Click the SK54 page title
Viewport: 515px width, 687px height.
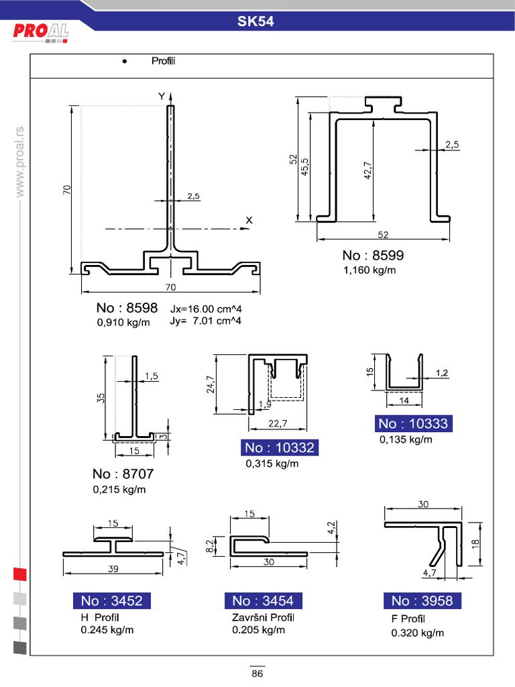(256, 21)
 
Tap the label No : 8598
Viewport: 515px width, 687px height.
(127, 309)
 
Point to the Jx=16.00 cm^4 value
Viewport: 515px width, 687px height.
(206, 309)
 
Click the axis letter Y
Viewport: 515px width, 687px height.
(161, 97)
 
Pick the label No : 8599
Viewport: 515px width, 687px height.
(373, 256)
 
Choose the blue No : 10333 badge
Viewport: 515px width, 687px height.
(412, 423)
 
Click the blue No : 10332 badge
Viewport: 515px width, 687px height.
(279, 448)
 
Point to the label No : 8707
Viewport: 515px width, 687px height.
(123, 474)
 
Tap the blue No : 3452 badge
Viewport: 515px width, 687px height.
(111, 600)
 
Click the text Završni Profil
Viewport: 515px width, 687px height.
(263, 617)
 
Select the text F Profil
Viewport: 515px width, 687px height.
(408, 619)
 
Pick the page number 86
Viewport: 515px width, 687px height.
(257, 674)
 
